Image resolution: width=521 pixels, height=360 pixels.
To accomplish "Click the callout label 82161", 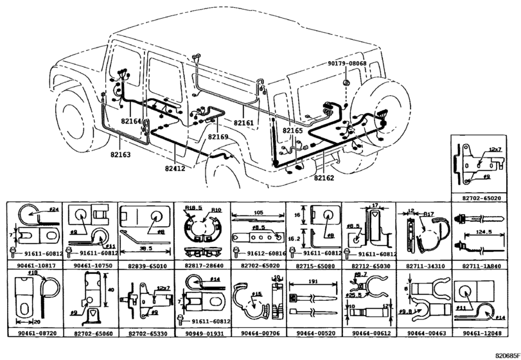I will click(243, 122).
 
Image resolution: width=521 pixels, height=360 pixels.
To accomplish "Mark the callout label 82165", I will click(292, 130).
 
